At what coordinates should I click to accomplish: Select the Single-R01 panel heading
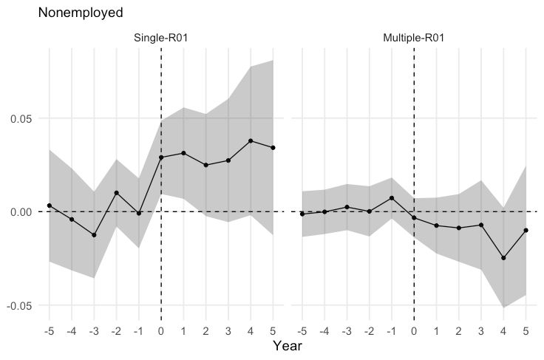point(160,38)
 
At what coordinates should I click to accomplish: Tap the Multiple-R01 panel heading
point(414,38)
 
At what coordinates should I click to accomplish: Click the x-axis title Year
point(287,345)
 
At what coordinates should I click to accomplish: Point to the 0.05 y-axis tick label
point(21,118)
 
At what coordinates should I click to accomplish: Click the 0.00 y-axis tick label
point(21,211)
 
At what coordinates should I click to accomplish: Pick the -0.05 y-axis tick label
point(19,305)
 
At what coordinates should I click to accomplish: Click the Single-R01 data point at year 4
point(251,140)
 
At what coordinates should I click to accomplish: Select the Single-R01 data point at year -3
point(94,235)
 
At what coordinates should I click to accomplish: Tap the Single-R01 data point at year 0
point(161,157)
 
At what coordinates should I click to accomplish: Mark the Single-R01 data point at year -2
point(117,193)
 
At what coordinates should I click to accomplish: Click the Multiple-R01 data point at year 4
point(504,258)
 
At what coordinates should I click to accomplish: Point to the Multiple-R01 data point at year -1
point(392,198)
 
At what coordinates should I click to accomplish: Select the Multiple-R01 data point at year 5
point(526,231)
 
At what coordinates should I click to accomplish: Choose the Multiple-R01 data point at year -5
point(302,214)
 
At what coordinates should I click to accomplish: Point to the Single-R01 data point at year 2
point(206,165)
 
